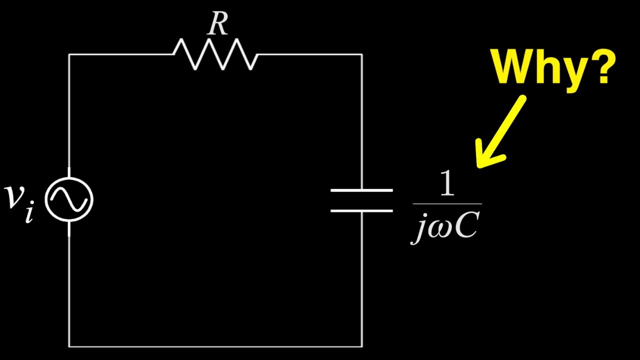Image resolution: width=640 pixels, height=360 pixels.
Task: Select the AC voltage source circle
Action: tap(69, 200)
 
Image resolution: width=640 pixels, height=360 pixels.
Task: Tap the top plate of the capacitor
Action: tap(361, 190)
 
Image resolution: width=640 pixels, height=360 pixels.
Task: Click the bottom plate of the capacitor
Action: tap(361, 210)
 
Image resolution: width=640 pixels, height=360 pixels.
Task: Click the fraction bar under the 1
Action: tap(447, 204)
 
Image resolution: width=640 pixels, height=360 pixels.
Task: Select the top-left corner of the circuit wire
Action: tap(69, 54)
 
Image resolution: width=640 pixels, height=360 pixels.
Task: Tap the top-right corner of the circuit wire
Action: tap(361, 54)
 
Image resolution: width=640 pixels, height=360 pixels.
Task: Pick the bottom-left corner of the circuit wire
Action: tap(69, 346)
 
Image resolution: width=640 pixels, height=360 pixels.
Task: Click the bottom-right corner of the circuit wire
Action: tap(361, 346)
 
